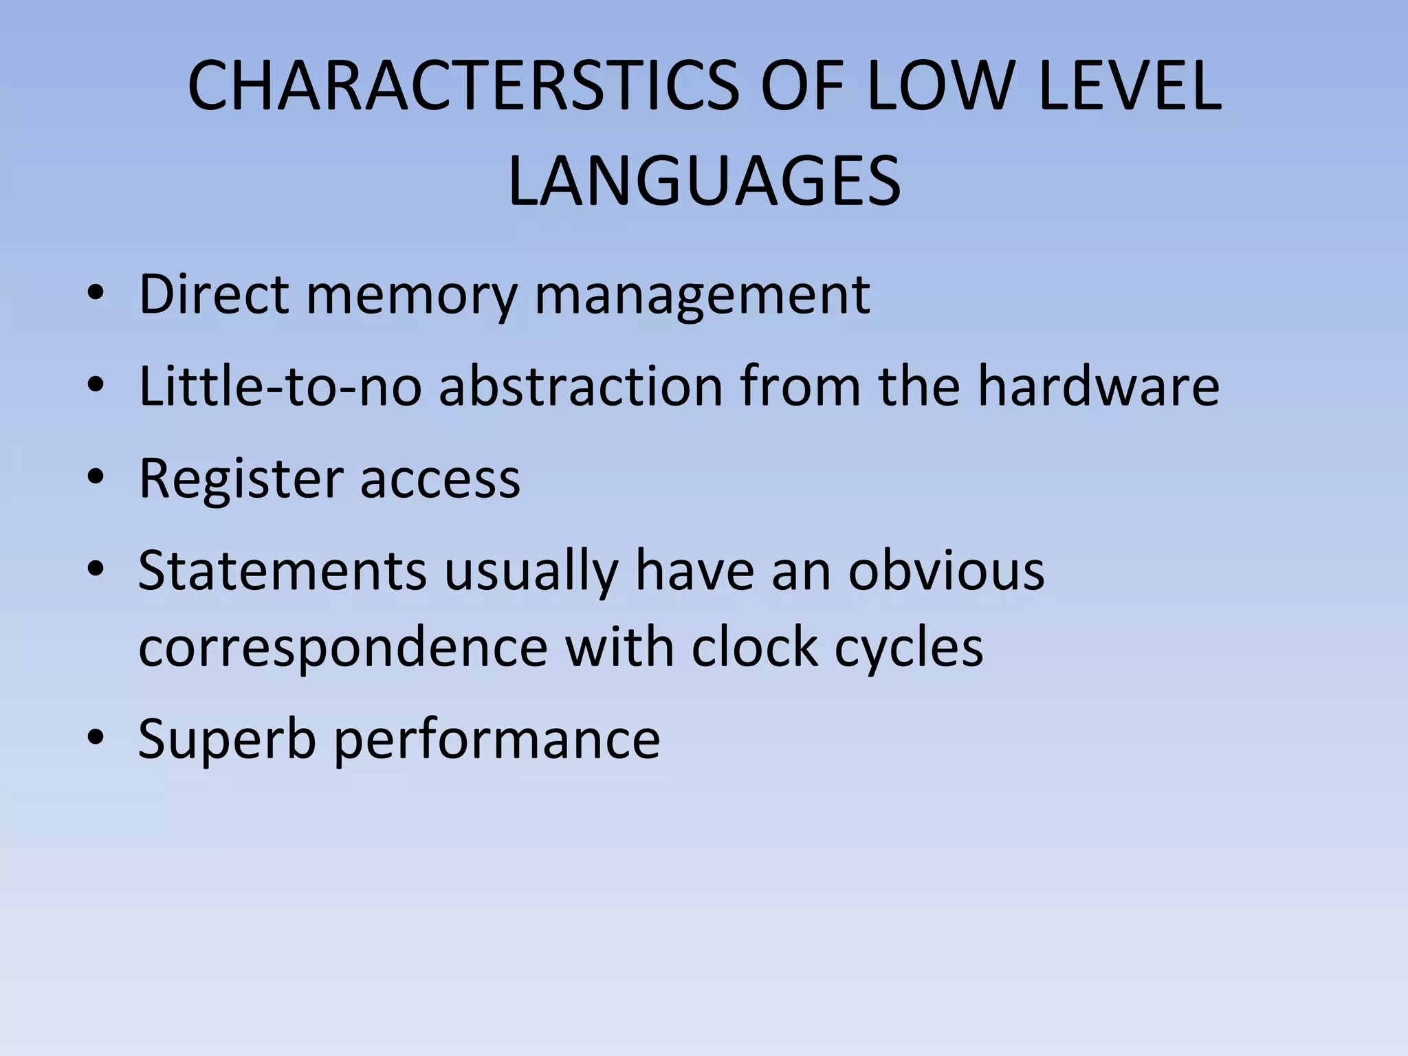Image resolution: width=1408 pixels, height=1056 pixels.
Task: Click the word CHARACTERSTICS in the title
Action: tap(463, 87)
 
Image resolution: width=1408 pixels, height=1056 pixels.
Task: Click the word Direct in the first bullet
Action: tap(214, 294)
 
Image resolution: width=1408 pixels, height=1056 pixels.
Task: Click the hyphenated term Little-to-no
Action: tap(280, 386)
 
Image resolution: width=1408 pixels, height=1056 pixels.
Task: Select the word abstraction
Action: tap(581, 386)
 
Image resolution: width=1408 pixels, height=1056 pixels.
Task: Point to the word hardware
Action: tap(1099, 386)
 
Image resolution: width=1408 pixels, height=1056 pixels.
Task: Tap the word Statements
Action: tap(282, 571)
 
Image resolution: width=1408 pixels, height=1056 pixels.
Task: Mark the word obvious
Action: tap(946, 571)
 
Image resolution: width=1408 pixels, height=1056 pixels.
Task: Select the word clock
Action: tap(755, 647)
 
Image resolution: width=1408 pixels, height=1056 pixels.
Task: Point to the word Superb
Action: tap(227, 739)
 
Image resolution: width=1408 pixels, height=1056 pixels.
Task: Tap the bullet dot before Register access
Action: tap(96, 476)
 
